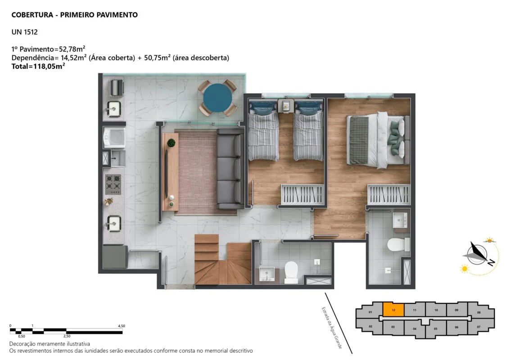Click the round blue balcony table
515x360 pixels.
point(217,98)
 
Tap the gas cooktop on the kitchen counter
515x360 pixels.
point(113,184)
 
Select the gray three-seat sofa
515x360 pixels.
point(230,169)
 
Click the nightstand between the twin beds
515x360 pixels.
point(286,106)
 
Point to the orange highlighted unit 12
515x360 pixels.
point(393,310)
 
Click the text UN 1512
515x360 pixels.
point(25,32)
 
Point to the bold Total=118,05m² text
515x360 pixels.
point(38,66)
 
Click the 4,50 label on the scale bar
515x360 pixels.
point(122,326)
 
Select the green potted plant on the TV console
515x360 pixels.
point(171,143)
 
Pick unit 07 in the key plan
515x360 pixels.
point(479,327)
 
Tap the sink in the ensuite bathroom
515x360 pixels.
point(400,220)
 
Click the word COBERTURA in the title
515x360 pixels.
point(32,15)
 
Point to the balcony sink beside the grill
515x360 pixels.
point(113,108)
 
